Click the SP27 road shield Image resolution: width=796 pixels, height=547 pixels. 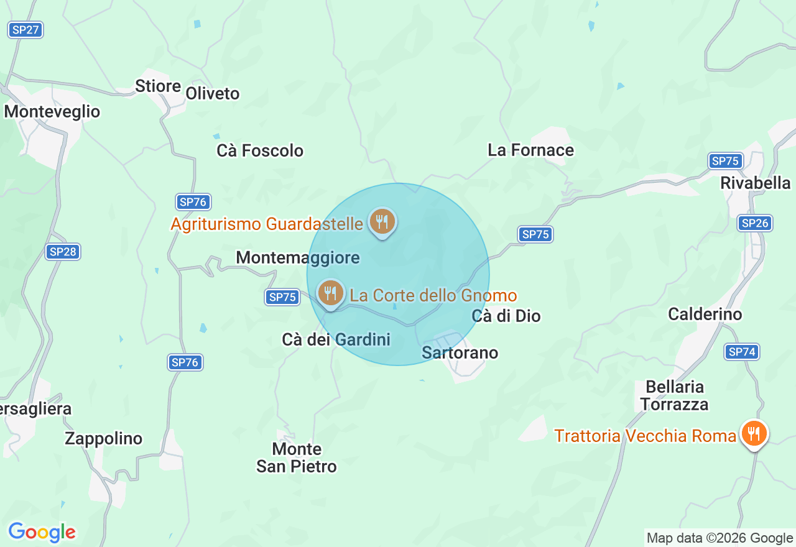tap(25, 29)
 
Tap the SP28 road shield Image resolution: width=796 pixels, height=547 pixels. tap(63, 252)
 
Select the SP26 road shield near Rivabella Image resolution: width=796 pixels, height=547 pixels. tap(755, 223)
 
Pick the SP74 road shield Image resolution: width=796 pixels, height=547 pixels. tap(742, 352)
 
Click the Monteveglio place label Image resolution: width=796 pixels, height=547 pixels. tap(52, 112)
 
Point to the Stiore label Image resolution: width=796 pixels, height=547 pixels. tap(158, 86)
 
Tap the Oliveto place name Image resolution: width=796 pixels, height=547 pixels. tap(213, 94)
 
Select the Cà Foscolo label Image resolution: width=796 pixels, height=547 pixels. tap(260, 150)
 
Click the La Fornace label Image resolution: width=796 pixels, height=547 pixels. tap(530, 150)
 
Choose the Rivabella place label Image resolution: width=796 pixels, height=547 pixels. tap(756, 183)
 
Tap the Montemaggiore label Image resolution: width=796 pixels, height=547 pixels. tap(298, 257)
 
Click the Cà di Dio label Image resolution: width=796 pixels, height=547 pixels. tap(506, 316)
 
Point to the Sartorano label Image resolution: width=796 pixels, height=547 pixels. tap(460, 352)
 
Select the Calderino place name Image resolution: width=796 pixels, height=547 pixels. tap(705, 314)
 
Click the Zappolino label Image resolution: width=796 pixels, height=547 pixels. tap(104, 438)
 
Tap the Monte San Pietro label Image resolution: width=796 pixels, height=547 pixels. tap(297, 457)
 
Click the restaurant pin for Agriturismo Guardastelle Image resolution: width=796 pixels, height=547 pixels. tap(382, 221)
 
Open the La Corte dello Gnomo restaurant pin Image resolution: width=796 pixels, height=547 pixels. tap(330, 293)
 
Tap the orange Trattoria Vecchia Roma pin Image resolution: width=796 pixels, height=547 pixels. tap(754, 433)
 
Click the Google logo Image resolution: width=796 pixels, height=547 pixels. tap(42, 532)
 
